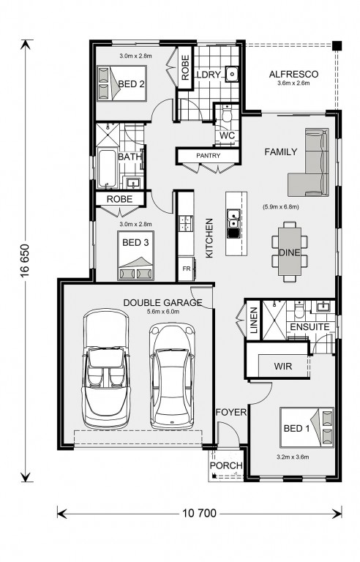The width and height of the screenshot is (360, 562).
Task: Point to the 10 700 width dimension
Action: click(197, 513)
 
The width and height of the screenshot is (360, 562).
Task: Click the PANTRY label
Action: click(208, 156)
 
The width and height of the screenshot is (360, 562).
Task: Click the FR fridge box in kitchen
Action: click(185, 269)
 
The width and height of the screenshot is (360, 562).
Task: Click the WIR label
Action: click(284, 365)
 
